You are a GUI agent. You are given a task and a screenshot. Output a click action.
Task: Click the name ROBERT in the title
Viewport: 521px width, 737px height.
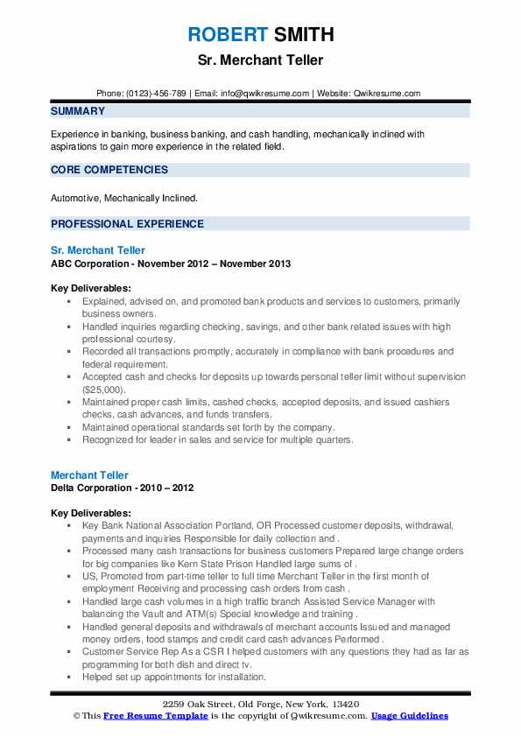[x=225, y=35]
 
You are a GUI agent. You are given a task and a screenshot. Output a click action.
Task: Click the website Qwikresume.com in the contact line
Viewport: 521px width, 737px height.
[x=387, y=93]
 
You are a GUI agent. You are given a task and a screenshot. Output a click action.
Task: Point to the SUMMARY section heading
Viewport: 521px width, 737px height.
[x=78, y=111]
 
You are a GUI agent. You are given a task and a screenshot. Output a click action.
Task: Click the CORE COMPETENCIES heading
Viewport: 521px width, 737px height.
[x=109, y=170]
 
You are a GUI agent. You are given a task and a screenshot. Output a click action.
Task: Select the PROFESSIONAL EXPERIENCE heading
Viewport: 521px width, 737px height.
[x=127, y=223]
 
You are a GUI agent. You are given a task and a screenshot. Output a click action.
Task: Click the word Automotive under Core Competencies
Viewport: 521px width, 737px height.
[x=75, y=199]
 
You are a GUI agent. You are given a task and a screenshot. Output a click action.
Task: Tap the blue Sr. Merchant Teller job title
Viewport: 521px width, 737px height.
[x=98, y=250]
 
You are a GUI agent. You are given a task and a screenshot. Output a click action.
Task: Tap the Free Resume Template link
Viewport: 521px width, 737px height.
[x=156, y=716]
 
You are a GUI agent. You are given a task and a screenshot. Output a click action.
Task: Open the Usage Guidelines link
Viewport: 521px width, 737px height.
[x=409, y=716]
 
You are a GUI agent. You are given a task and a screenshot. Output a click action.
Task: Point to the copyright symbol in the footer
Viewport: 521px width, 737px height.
[x=77, y=716]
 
